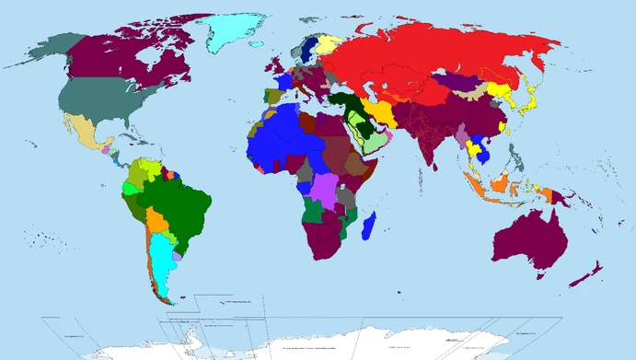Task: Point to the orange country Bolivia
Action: [157, 221]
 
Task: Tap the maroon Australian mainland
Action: [527, 241]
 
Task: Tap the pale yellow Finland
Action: [327, 44]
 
